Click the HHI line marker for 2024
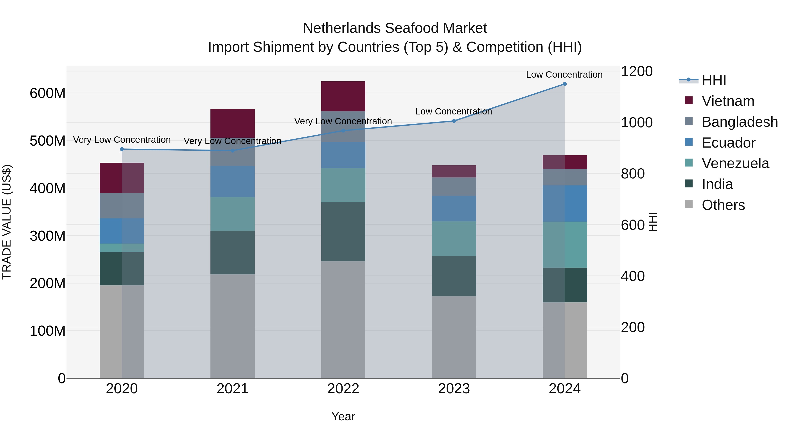[565, 84]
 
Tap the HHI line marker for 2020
[122, 149]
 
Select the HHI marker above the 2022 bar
[343, 130]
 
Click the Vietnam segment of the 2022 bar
[343, 96]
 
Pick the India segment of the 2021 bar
[232, 253]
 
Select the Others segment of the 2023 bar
[454, 337]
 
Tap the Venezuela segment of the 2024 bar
[565, 244]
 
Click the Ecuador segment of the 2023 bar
[454, 208]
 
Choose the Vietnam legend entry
[728, 101]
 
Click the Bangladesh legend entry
[739, 122]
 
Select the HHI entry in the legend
[714, 80]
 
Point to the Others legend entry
[723, 205]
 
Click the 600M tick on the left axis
[48, 93]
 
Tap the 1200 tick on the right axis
[637, 71]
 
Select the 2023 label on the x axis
[454, 389]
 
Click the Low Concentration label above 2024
[564, 75]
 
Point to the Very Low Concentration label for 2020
[122, 140]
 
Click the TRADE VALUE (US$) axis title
[7, 222]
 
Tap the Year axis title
[343, 416]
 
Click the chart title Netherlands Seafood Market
[395, 28]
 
